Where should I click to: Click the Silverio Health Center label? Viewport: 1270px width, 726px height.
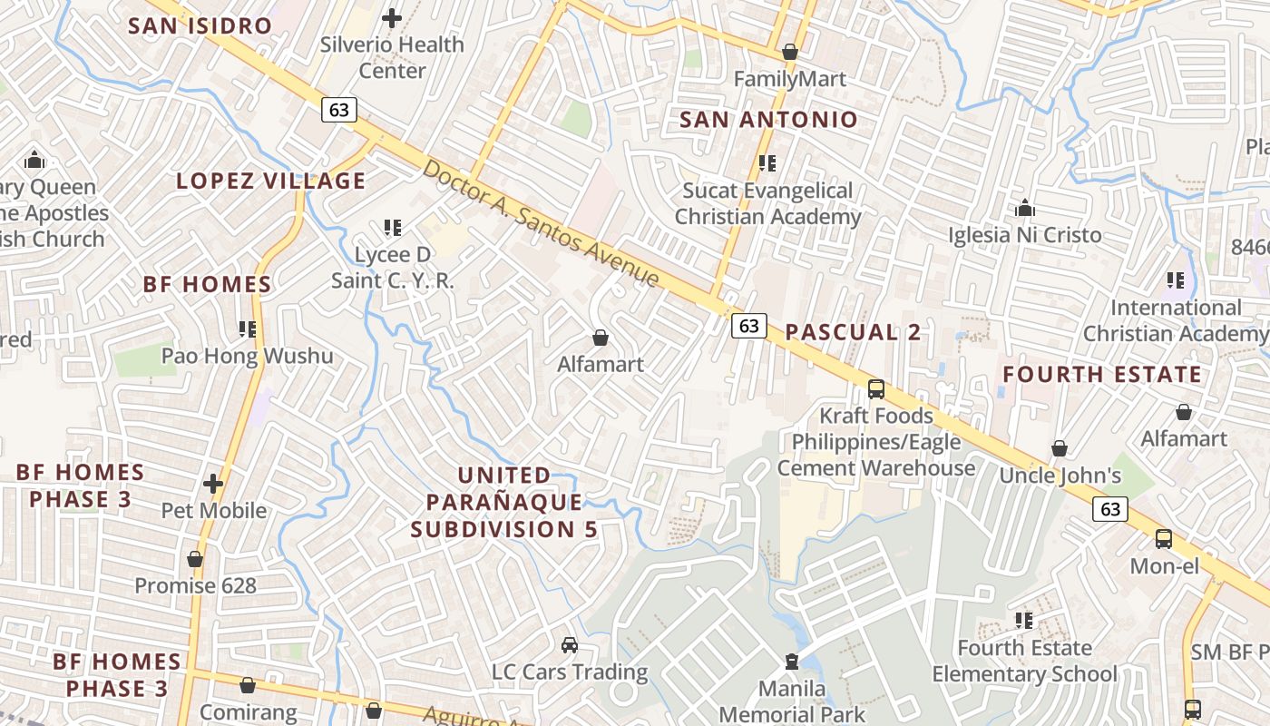392,57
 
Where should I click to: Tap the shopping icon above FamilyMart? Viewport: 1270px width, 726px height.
790,53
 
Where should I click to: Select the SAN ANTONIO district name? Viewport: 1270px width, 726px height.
768,119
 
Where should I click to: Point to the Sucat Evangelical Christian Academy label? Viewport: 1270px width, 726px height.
767,204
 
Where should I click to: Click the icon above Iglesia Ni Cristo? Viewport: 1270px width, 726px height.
1025,209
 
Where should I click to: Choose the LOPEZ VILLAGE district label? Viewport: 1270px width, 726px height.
270,181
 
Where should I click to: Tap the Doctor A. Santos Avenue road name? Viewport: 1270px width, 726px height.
541,223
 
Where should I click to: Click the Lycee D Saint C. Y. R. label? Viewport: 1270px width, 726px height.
393,268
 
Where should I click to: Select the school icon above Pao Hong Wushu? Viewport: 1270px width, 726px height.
247,329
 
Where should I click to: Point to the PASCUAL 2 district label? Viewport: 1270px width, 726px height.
853,332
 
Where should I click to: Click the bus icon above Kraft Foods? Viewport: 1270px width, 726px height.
875,389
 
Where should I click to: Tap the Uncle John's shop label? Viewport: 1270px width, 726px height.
1060,476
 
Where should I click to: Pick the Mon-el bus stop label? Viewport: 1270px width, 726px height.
1164,566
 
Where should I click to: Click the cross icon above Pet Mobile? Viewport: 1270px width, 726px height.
213,484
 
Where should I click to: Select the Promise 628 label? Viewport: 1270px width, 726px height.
195,585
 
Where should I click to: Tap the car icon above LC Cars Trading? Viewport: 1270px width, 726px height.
569,645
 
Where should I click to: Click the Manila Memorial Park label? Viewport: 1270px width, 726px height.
792,701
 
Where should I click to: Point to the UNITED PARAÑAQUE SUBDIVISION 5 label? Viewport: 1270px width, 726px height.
503,502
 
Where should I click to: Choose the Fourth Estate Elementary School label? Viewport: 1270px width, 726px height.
1024,661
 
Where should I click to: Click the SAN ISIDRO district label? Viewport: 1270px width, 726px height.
200,25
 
